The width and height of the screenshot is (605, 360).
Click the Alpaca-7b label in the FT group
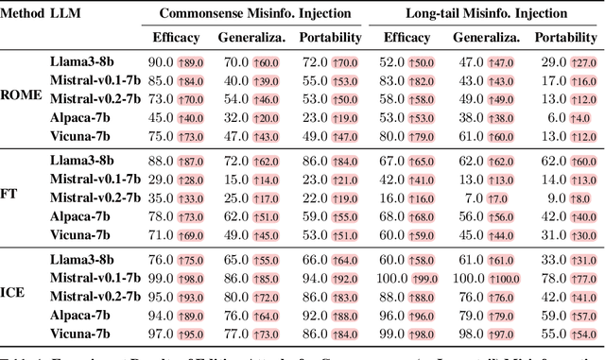pos(79,216)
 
